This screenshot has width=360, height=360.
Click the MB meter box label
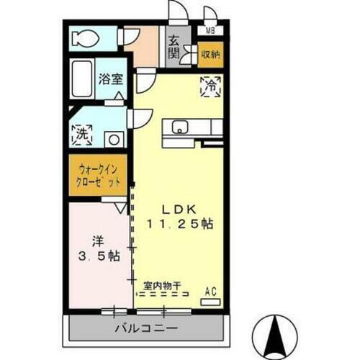tap(210, 30)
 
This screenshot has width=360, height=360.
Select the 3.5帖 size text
tap(97, 256)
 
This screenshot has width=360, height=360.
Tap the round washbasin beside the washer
tap(112, 139)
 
